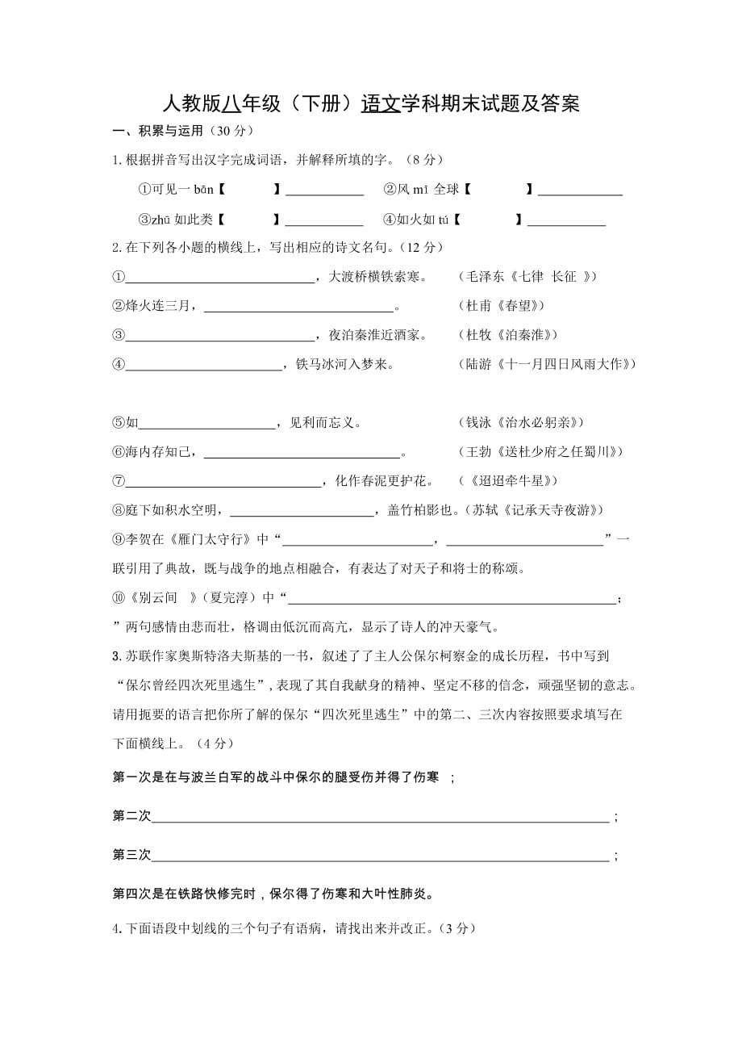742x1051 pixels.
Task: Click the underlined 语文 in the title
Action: pyautogui.click(x=381, y=104)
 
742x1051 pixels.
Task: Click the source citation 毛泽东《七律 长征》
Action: pyautogui.click(x=527, y=277)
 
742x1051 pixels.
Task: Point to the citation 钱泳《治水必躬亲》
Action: pyautogui.click(x=520, y=422)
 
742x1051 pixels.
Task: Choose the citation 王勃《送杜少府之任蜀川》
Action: pyautogui.click(x=540, y=451)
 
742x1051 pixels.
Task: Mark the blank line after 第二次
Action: pyautogui.click(x=380, y=821)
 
